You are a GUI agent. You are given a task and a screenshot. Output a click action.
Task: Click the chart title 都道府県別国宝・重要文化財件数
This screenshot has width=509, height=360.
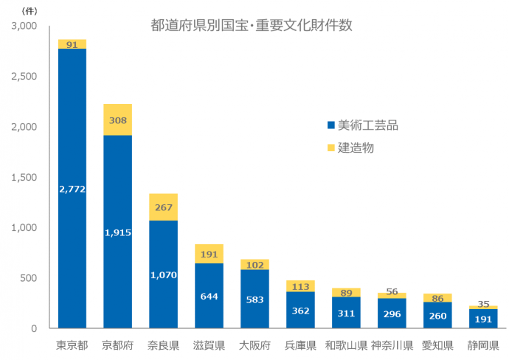pos(251,26)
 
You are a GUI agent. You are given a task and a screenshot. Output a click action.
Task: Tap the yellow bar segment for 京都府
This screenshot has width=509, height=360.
pos(118,120)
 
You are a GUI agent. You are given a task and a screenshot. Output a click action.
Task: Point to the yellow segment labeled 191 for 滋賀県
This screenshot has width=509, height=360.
pos(209,254)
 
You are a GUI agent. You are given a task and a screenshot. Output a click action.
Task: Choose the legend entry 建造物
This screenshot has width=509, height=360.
pos(356,148)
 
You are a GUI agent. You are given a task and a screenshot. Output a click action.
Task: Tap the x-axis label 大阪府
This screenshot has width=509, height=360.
pos(254,345)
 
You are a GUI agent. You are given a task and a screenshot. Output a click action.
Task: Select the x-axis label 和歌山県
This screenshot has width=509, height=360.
pos(346,345)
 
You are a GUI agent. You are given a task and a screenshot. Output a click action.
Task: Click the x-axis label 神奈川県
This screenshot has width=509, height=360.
pos(392,345)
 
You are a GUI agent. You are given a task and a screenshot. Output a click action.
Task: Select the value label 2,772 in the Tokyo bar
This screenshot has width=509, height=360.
pos(72,189)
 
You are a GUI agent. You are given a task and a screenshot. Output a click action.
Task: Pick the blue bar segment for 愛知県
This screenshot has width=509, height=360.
pos(437,315)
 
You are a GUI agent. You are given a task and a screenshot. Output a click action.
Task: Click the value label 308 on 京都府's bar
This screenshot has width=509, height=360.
pos(118,120)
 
